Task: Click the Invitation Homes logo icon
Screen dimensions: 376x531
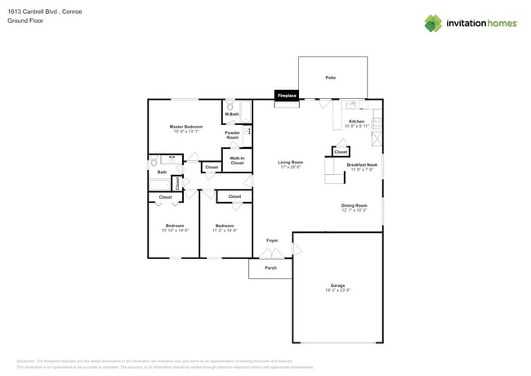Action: (x=433, y=23)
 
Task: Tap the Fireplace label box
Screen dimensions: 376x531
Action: (x=287, y=96)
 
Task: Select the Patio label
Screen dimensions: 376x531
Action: (x=331, y=78)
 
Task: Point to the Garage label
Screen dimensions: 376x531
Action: (x=337, y=285)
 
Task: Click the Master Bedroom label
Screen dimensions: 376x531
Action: (x=186, y=127)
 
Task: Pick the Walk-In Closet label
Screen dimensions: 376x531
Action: (x=237, y=161)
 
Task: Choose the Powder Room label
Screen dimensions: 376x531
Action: (x=233, y=135)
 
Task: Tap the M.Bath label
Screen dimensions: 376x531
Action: (x=231, y=114)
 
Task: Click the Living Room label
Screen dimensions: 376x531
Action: (x=291, y=162)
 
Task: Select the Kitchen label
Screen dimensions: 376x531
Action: (x=357, y=121)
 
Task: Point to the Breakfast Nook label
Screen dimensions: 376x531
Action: (x=362, y=164)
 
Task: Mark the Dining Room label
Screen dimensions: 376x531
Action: (x=354, y=205)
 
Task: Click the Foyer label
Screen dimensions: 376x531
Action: (x=272, y=240)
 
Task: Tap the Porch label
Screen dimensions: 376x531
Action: (x=270, y=267)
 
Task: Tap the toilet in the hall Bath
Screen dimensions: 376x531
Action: (x=153, y=163)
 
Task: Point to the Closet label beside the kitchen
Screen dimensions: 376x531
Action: (x=341, y=152)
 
